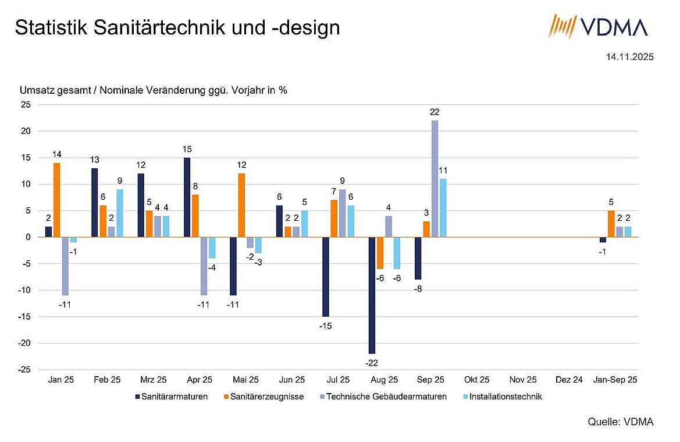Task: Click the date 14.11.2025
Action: tap(629, 57)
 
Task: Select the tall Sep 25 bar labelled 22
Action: tap(435, 178)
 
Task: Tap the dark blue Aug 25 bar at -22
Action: tap(372, 295)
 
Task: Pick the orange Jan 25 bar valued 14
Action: tap(56, 200)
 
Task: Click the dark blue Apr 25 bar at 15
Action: tap(187, 197)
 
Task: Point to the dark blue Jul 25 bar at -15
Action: tap(326, 277)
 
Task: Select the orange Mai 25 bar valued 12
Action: tap(241, 205)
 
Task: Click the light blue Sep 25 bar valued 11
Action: tap(443, 207)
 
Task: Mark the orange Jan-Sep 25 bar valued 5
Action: tap(611, 224)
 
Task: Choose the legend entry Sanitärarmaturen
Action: tap(172, 397)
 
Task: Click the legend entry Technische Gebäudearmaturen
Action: tap(386, 397)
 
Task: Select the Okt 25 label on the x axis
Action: tap(476, 380)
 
